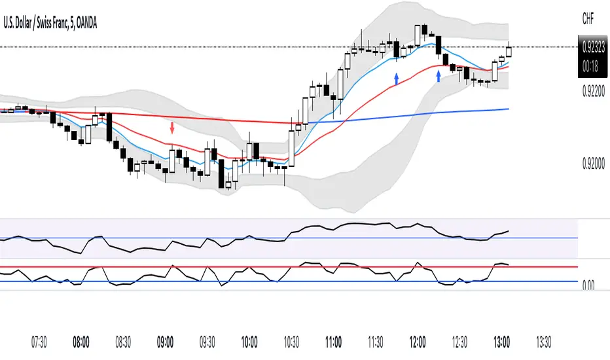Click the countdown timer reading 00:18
click(x=593, y=64)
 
